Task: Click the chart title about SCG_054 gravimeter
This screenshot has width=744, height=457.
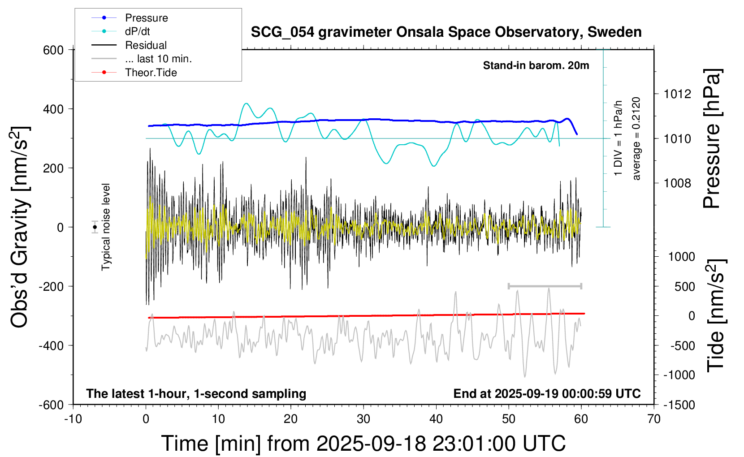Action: point(446,32)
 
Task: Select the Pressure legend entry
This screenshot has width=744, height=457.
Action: point(146,18)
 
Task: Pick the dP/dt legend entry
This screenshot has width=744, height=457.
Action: point(137,31)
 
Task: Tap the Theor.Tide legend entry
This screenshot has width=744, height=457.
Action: point(151,73)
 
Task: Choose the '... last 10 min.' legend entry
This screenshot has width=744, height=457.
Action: point(158,59)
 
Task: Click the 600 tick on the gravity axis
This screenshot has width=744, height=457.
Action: point(53,50)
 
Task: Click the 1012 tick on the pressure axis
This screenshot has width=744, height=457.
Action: point(677,94)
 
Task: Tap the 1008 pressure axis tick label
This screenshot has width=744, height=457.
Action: point(677,183)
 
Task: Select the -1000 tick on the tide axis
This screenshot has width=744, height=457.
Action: point(679,375)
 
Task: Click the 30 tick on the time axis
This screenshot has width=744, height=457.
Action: point(363,419)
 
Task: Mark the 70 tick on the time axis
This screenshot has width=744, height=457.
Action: point(654,419)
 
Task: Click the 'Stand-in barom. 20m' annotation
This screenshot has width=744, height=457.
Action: point(536,65)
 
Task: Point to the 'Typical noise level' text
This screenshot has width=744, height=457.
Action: point(106,227)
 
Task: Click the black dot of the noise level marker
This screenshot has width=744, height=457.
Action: point(95,227)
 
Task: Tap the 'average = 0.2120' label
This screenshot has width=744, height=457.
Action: point(636,138)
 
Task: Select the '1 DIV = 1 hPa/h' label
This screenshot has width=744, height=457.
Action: point(619,138)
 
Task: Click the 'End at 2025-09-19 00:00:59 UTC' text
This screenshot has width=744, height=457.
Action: point(547,393)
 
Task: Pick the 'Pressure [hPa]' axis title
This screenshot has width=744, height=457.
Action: point(712,138)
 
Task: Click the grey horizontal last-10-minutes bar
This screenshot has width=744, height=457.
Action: point(545,286)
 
